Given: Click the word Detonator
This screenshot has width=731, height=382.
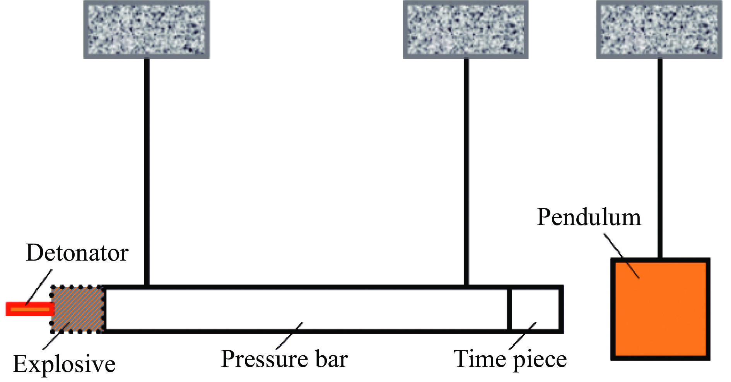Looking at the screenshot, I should click(x=77, y=253).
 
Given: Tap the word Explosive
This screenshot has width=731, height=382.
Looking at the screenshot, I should click(x=64, y=364).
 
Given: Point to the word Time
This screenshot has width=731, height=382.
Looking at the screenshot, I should click(x=479, y=359).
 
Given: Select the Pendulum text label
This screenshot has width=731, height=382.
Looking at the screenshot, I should click(x=589, y=217).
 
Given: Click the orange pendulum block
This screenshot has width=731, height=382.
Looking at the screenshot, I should click(x=660, y=309).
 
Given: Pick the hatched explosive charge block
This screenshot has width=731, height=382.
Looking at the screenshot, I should click(x=77, y=309).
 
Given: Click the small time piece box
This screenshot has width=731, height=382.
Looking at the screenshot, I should click(x=536, y=309).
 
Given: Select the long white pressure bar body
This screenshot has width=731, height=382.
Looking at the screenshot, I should click(x=306, y=309).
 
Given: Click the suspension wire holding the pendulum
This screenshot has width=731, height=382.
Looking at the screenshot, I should click(x=660, y=155).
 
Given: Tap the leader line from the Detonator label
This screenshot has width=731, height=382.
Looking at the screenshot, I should click(x=39, y=288).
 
